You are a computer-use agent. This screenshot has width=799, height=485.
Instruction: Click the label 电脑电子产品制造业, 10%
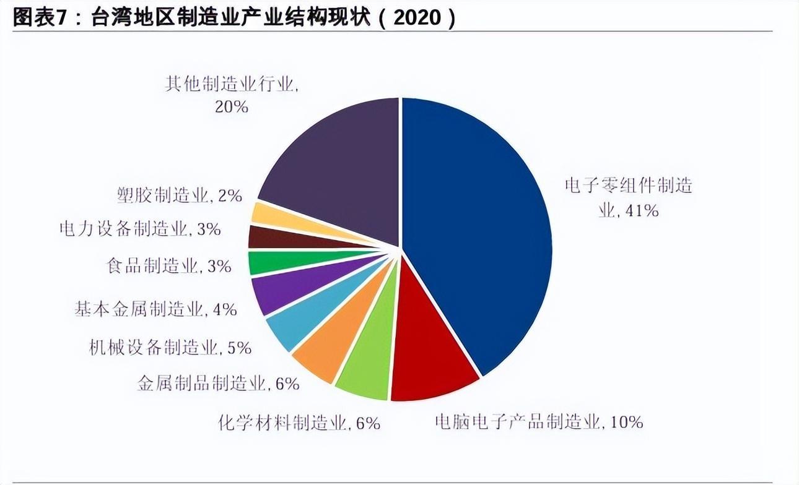pos(538,423)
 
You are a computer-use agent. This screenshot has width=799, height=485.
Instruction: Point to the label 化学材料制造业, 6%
pos(299,423)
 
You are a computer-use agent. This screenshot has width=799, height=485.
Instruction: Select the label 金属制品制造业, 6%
pos(218,384)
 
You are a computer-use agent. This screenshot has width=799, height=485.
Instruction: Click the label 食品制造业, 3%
pos(168,267)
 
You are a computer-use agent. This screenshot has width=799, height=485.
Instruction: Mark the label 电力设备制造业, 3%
pos(139,229)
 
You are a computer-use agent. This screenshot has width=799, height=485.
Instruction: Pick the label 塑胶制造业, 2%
pos(179,196)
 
